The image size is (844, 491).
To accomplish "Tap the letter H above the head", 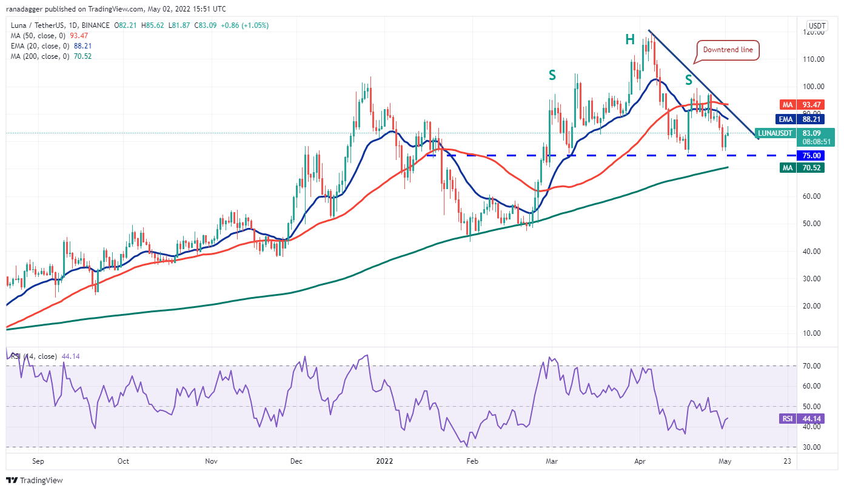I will pos(630,40).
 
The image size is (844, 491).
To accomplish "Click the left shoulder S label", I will pos(552,75).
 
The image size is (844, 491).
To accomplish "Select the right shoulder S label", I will pos(689,79).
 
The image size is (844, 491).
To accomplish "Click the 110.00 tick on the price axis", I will pos(814,59).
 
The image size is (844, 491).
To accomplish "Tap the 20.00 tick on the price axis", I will pos(814,306).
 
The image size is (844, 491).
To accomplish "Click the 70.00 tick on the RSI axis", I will pos(814,366).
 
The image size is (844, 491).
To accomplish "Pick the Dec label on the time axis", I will pos(296,461).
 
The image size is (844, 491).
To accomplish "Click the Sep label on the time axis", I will pos(38,461).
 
